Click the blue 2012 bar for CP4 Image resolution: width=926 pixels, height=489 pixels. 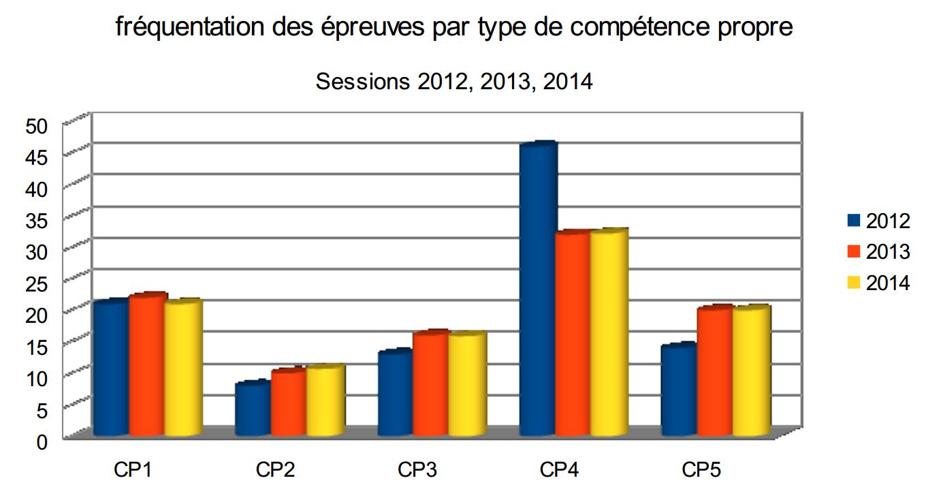(x=538, y=289)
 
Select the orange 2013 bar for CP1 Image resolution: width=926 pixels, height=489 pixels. (x=147, y=364)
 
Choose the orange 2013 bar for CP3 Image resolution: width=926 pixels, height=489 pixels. (x=431, y=383)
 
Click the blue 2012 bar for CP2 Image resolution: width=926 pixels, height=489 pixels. (x=253, y=409)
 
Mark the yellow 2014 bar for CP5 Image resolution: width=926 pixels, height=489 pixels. (x=751, y=370)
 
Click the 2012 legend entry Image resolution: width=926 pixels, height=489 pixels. (x=878, y=221)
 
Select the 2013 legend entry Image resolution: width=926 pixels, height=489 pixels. (x=878, y=252)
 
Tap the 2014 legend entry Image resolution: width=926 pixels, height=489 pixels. (x=878, y=283)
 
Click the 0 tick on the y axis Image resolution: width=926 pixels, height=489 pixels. (x=42, y=441)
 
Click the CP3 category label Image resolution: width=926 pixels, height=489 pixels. (x=417, y=470)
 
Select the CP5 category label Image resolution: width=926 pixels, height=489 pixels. (x=701, y=470)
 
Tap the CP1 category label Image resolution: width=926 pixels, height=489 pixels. (x=133, y=470)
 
